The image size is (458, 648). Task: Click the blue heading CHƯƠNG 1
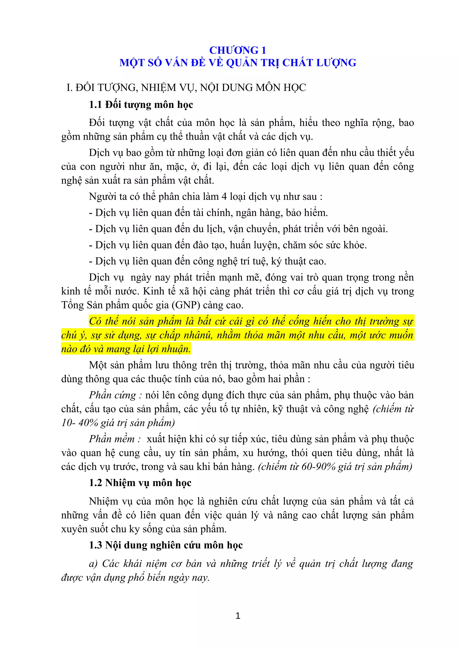click(237, 50)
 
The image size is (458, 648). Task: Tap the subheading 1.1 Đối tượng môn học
click(141, 105)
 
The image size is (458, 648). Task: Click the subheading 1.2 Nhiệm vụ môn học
click(140, 483)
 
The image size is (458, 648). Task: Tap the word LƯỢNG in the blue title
click(336, 63)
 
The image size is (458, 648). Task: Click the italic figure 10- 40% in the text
click(80, 423)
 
